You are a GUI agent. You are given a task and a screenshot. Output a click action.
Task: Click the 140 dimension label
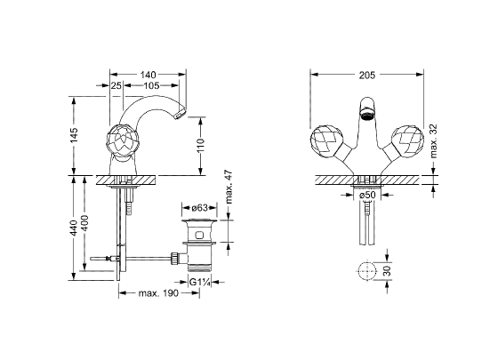[x=149, y=75]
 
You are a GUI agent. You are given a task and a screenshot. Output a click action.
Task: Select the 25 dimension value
[x=116, y=85]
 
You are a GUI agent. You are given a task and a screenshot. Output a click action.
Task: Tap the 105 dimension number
[x=151, y=85]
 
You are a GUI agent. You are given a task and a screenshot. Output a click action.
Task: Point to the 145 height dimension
[x=74, y=135]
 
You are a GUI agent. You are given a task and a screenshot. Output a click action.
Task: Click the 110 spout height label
[x=201, y=146]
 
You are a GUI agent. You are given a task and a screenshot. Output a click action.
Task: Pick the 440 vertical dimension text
[x=74, y=228]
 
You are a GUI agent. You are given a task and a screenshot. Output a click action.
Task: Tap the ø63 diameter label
[x=200, y=208]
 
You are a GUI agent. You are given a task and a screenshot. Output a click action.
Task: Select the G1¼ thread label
[x=200, y=282]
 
